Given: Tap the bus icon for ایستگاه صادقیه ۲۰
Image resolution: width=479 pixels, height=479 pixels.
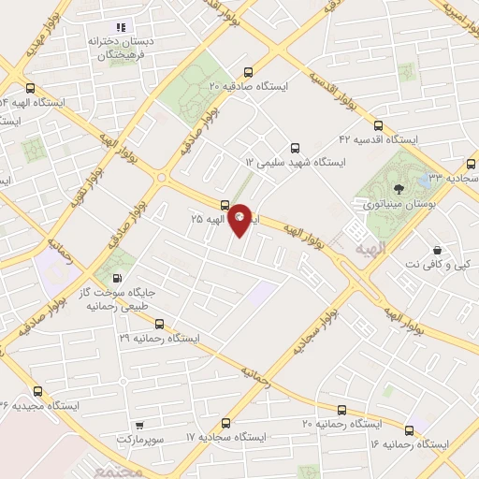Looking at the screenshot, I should [x=248, y=72].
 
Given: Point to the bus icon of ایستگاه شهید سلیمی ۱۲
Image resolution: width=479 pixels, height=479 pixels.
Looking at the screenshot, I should [x=295, y=148].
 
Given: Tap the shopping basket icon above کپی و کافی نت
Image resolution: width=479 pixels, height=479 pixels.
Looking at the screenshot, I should [x=437, y=250].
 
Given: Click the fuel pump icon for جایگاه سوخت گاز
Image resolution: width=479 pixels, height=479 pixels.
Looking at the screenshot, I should [x=116, y=278].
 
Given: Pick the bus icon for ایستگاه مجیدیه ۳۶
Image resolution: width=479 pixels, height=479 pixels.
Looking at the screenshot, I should [x=37, y=391].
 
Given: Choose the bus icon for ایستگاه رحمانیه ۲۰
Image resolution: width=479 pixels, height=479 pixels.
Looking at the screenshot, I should [x=341, y=410].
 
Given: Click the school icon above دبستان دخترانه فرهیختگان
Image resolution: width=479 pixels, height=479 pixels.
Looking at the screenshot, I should [x=121, y=27].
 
